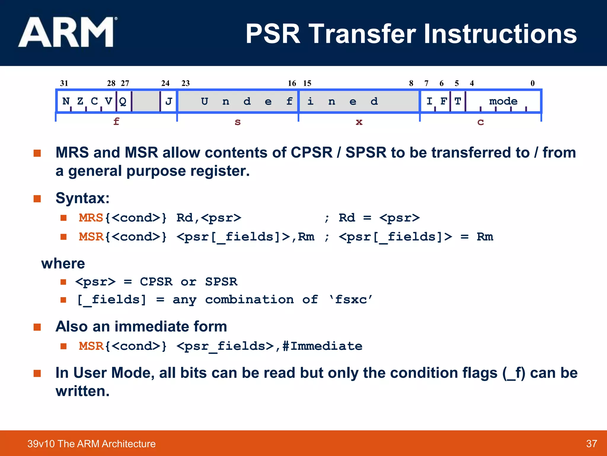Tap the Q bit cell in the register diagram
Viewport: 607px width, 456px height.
[123, 101]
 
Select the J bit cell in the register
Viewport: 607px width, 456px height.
[169, 101]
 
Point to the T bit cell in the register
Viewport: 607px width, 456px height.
[458, 101]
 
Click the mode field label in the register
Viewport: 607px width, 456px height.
[503, 101]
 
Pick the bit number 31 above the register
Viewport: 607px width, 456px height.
[64, 83]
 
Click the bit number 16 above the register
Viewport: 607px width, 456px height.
[292, 83]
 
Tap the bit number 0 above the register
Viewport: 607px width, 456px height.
[532, 83]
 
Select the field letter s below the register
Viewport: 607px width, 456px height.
[237, 122]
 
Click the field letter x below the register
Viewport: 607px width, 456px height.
[359, 122]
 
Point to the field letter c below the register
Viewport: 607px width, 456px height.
[480, 122]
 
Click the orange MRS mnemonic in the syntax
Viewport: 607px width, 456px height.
[91, 218]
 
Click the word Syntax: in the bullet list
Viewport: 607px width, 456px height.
[82, 198]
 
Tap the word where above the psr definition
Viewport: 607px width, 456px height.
[63, 264]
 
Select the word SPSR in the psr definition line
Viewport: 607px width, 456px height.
[221, 282]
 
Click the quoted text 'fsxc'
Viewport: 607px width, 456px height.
[351, 300]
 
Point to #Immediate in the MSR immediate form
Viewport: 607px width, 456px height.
[322, 346]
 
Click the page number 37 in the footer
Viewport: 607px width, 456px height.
[591, 444]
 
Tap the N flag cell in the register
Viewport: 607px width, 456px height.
[66, 101]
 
